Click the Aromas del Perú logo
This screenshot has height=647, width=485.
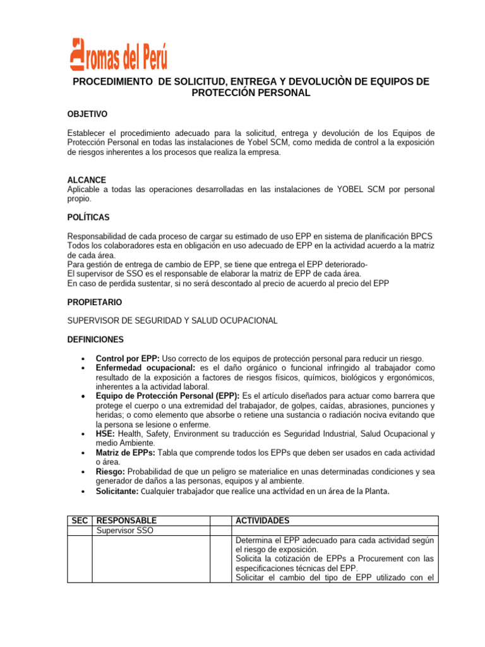(118, 52)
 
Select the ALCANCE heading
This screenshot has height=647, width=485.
(87, 180)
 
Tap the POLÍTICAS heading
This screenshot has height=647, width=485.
(88, 217)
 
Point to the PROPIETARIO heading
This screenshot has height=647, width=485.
(95, 302)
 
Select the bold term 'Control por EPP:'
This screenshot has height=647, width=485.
(127, 358)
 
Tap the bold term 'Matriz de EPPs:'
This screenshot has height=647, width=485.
(124, 453)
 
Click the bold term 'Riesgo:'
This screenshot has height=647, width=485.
(111, 472)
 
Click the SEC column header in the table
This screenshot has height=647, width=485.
(80, 521)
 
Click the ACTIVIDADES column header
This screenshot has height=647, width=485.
(262, 521)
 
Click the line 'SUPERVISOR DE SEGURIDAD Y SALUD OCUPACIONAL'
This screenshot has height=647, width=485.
(172, 320)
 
